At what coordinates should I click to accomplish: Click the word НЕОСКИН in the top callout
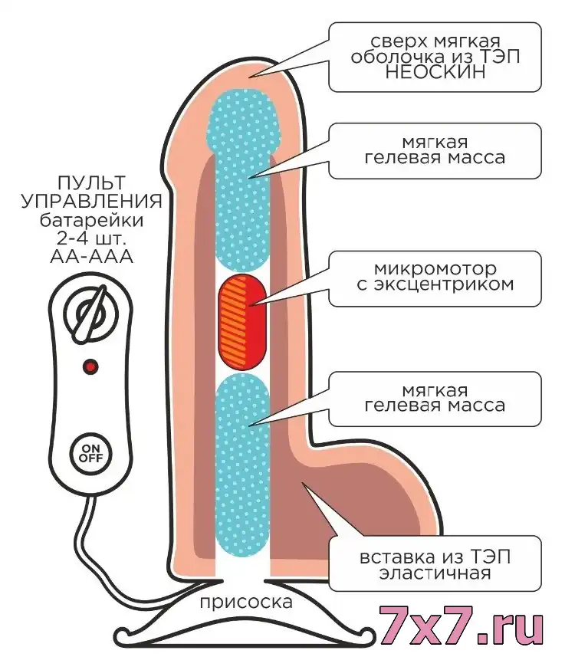pos(435,72)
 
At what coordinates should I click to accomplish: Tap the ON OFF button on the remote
pos(90,453)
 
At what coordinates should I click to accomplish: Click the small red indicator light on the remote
pos(90,366)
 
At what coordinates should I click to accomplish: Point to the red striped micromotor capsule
pos(242,322)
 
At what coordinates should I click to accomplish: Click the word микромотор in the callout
pos(435,269)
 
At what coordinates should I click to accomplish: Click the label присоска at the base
pos(246,602)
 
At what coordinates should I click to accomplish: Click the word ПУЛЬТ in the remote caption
pos(91,183)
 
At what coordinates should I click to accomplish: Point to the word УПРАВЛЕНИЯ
pos(91,202)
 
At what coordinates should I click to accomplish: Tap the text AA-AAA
pos(91,257)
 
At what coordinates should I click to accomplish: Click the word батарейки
pos(91,221)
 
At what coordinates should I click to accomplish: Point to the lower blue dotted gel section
pos(243,465)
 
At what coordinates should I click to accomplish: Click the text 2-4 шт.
pos(91,238)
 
